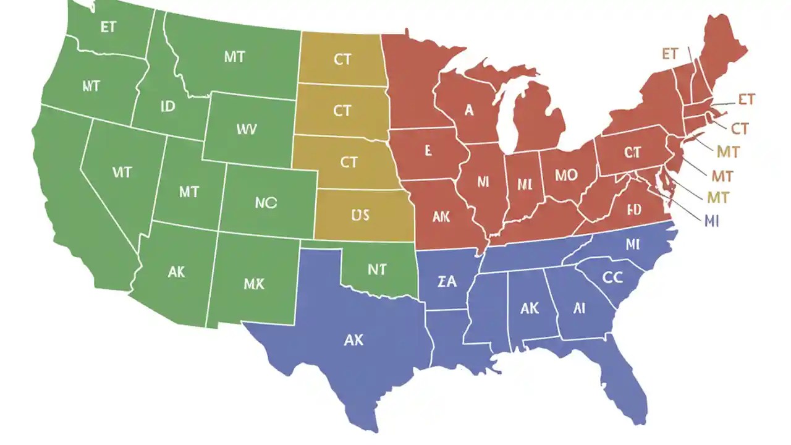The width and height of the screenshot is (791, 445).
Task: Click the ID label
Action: pos(167,106)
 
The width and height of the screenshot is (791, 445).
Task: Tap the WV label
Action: pos(246,129)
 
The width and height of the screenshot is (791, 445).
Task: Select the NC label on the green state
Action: pos(266,202)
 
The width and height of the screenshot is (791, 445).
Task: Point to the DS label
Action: pos(360,214)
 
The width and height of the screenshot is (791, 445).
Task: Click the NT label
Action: pos(376,269)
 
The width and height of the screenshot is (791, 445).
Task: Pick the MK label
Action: pos(253,284)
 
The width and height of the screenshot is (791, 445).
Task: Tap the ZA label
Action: pos(446,282)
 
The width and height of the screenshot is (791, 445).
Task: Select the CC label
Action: pos(612,278)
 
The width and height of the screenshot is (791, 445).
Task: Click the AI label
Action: pos(579,308)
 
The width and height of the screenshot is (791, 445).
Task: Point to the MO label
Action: pos(565,175)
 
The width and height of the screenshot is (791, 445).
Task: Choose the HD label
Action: pos(634,209)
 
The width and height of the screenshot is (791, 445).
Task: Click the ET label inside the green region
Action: pos(108,28)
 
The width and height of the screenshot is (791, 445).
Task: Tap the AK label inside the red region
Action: pos(441,216)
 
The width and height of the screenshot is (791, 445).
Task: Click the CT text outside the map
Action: pos(740,129)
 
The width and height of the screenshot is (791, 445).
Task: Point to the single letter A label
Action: pos(469,111)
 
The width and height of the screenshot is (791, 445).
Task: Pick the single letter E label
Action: pos(427,150)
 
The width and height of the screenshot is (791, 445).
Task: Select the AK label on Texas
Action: pos(353,339)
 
